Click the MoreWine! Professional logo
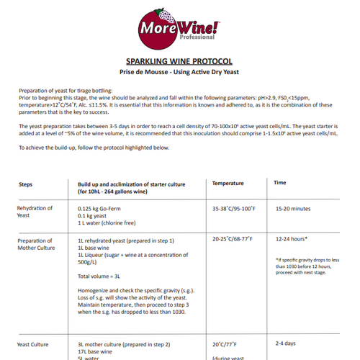[x=179, y=30]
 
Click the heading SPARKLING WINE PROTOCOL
[x=179, y=62]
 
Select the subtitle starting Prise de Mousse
[x=179, y=73]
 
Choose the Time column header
[x=282, y=184]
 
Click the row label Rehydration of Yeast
[x=35, y=212]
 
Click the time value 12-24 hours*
[x=292, y=238]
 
